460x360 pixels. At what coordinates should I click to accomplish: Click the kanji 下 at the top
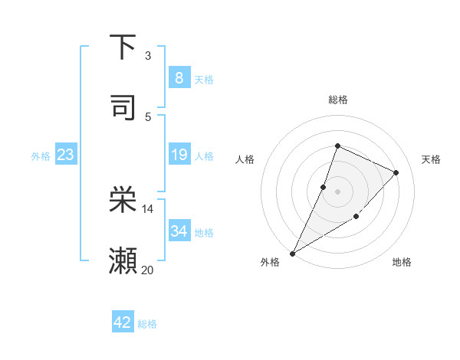pyautogui.click(x=123, y=47)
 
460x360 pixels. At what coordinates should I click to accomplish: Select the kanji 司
pyautogui.click(x=123, y=108)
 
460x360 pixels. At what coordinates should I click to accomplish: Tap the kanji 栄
pyautogui.click(x=123, y=200)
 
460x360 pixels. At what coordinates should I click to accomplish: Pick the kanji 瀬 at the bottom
pyautogui.click(x=123, y=261)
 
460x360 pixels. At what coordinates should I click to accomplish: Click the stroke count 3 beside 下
pyautogui.click(x=148, y=56)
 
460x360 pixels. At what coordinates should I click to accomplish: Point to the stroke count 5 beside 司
pyautogui.click(x=148, y=117)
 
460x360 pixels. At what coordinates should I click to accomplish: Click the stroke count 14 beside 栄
pyautogui.click(x=148, y=209)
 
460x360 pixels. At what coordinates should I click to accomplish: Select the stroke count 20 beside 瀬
pyautogui.click(x=148, y=270)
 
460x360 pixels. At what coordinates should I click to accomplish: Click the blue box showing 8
pyautogui.click(x=179, y=77)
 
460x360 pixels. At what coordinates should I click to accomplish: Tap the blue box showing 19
pyautogui.click(x=179, y=155)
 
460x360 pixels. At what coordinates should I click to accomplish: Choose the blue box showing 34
pyautogui.click(x=179, y=231)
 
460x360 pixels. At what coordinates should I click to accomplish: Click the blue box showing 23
pyautogui.click(x=65, y=155)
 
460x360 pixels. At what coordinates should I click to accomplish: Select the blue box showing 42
pyautogui.click(x=123, y=322)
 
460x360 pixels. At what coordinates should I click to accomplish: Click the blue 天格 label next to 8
pyautogui.click(x=204, y=80)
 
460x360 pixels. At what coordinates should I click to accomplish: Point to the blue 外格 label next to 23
pyautogui.click(x=41, y=156)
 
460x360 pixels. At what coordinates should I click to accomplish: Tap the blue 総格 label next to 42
pyautogui.click(x=147, y=324)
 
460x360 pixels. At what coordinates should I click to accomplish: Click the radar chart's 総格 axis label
pyautogui.click(x=337, y=100)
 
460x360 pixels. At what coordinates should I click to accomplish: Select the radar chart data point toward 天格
pyautogui.click(x=396, y=172)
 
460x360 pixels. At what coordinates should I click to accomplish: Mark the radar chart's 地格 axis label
pyautogui.click(x=402, y=262)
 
